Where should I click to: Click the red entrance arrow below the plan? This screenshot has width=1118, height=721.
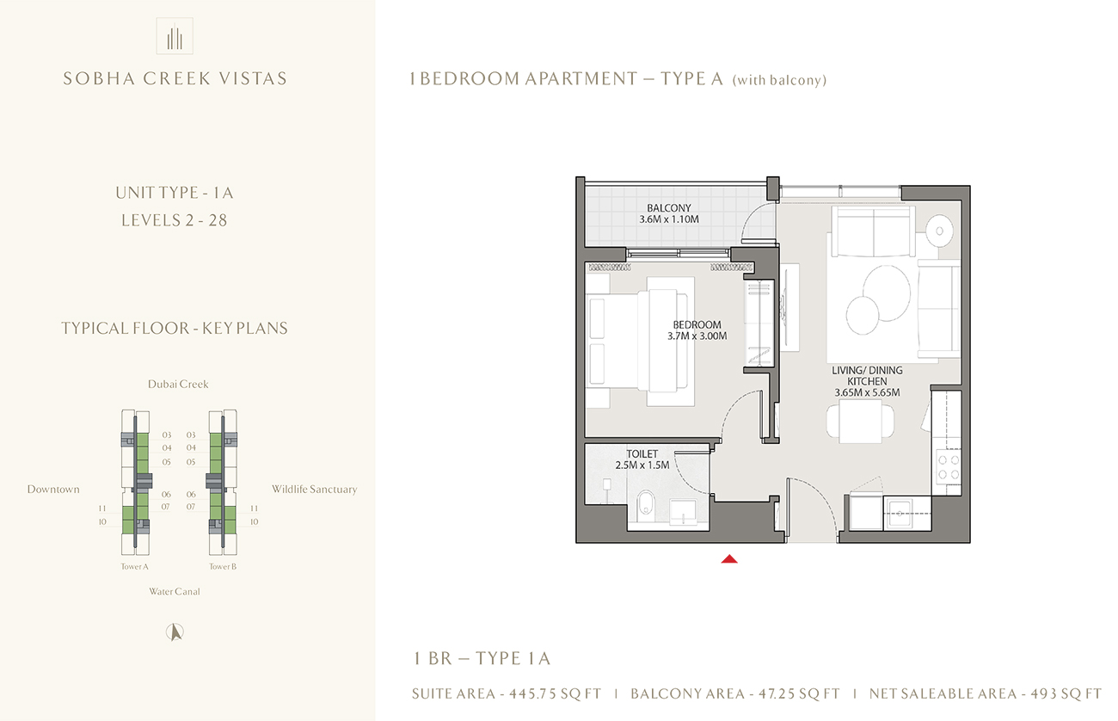(x=729, y=559)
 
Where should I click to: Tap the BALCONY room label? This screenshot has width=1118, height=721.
(x=669, y=208)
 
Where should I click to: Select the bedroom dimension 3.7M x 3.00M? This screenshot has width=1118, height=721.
(x=697, y=336)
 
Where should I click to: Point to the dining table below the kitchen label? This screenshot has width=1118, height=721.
(x=861, y=421)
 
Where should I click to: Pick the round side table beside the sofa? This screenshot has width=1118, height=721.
(x=943, y=230)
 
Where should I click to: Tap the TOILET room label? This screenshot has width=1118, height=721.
(x=642, y=453)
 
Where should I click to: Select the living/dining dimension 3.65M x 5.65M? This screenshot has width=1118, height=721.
(x=867, y=393)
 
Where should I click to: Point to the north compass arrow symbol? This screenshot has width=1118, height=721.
(x=175, y=632)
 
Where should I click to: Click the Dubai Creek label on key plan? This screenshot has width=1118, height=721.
(x=178, y=384)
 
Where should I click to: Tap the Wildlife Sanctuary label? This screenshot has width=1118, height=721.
(x=314, y=490)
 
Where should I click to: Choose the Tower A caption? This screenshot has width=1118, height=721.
(x=135, y=567)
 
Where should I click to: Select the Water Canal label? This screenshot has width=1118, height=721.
(x=175, y=591)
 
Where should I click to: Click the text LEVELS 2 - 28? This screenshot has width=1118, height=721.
(x=174, y=219)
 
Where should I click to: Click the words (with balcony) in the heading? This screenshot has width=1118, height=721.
(x=779, y=80)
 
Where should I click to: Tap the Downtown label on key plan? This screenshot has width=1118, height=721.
(x=53, y=490)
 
